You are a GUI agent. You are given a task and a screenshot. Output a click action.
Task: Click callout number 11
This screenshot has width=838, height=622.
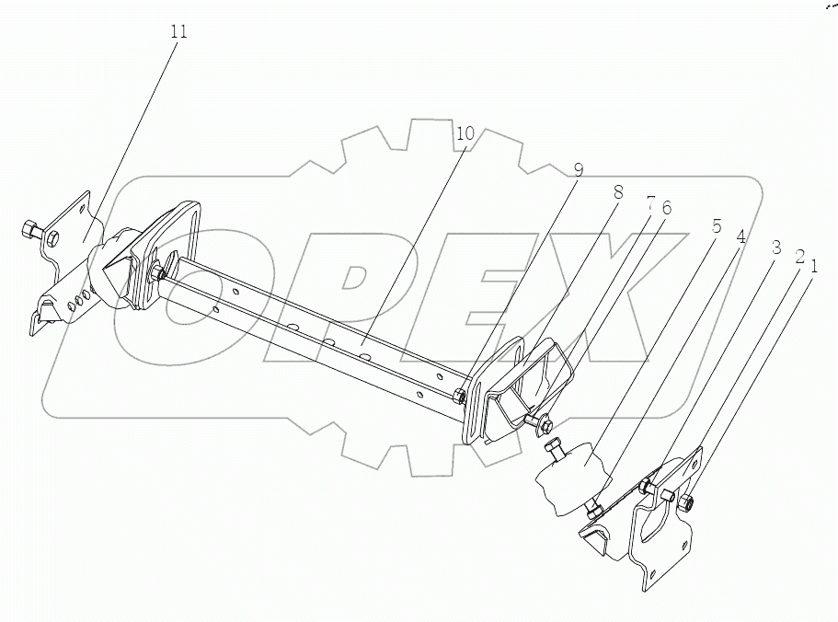(178, 32)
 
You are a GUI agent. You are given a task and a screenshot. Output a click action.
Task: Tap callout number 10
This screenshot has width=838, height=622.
(465, 134)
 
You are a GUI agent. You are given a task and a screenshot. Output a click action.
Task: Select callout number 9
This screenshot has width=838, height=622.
(578, 170)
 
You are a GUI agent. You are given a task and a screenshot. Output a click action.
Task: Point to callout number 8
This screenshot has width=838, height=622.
(617, 192)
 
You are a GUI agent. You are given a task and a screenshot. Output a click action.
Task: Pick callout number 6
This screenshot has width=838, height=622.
(666, 208)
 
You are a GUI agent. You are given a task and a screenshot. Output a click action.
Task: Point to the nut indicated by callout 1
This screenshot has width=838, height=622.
(685, 501)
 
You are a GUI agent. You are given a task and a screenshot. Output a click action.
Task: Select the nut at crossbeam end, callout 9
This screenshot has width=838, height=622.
(458, 397)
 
